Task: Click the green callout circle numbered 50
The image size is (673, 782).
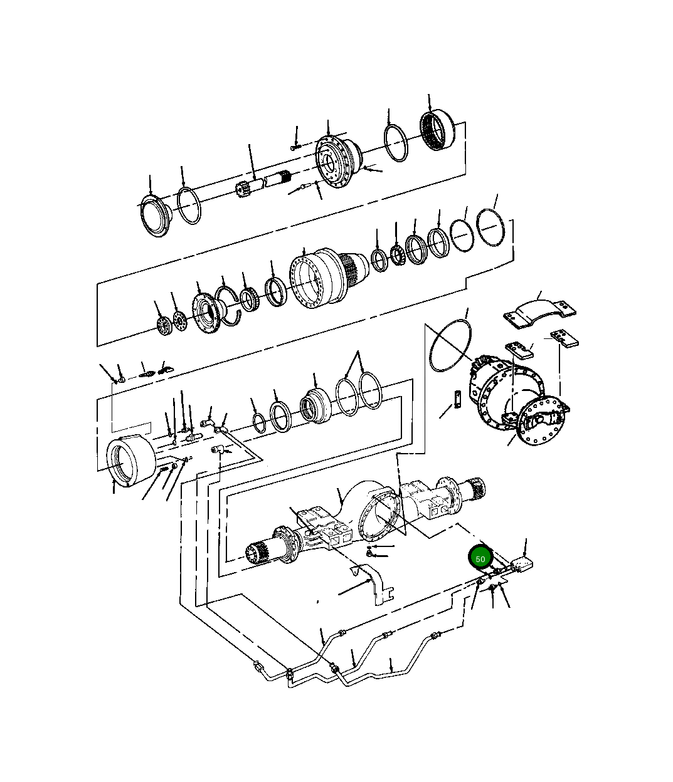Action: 480,558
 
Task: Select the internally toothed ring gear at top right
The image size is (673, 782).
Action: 438,131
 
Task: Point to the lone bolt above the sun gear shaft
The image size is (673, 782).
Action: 295,148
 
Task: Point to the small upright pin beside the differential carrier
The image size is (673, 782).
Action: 458,399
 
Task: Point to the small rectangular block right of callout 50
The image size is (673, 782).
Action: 521,564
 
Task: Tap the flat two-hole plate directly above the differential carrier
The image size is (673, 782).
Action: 519,350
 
